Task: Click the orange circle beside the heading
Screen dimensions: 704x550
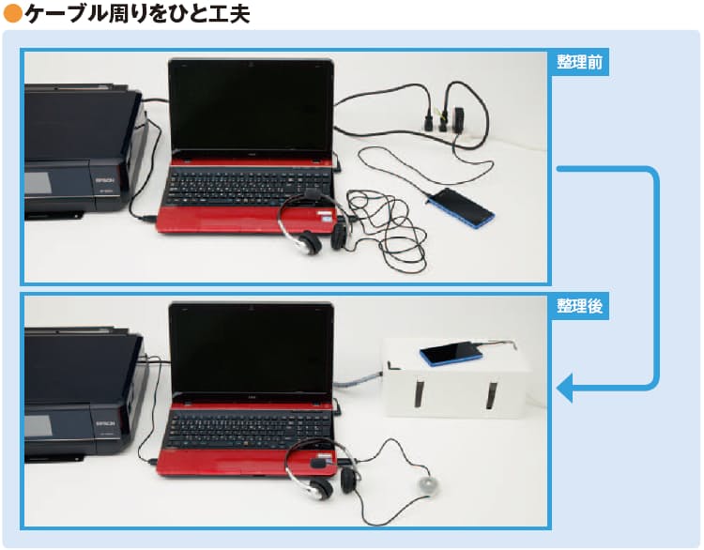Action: pyautogui.click(x=12, y=13)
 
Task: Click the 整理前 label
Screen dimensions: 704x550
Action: pyautogui.click(x=579, y=62)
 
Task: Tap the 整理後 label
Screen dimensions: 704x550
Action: pyautogui.click(x=579, y=306)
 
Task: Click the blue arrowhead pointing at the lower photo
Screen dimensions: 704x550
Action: pyautogui.click(x=565, y=388)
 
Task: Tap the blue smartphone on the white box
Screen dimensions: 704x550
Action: pyautogui.click(x=451, y=353)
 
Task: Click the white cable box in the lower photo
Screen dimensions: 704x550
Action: pyautogui.click(x=455, y=379)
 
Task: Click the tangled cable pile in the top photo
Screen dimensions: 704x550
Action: pyautogui.click(x=387, y=229)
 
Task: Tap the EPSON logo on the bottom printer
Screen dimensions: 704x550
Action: pyautogui.click(x=105, y=424)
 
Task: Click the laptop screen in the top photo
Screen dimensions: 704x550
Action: pyautogui.click(x=251, y=108)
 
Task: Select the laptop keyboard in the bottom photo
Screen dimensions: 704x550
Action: pyautogui.click(x=249, y=430)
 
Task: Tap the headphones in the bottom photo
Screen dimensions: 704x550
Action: pyautogui.click(x=321, y=469)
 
